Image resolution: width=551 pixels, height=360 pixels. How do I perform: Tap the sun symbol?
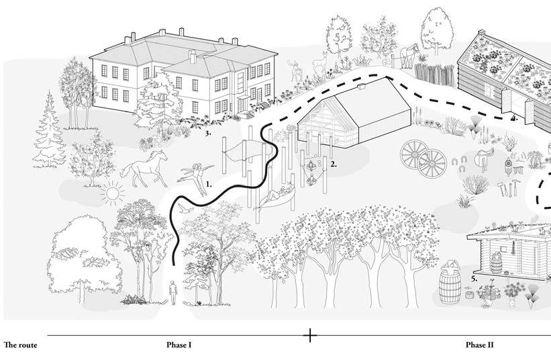click(x=111, y=193)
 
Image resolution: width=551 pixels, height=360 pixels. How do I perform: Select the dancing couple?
click(x=197, y=177)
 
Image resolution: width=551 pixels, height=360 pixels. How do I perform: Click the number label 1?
click(x=209, y=183)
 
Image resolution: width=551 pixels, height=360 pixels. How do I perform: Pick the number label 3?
click(x=209, y=133)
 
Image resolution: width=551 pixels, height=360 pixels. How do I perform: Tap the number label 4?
click(x=513, y=119)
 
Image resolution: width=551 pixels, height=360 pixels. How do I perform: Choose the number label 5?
click(x=474, y=277)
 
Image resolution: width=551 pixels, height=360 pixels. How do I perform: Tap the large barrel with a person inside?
click(x=450, y=283)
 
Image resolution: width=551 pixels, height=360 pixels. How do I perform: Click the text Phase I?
click(x=179, y=345)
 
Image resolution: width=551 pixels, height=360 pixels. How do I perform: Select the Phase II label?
click(x=480, y=345)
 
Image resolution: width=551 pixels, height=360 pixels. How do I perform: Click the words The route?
click(x=20, y=345)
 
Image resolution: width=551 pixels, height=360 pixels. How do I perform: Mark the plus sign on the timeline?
click(x=310, y=334)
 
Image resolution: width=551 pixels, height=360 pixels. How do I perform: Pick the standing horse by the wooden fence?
click(x=407, y=54)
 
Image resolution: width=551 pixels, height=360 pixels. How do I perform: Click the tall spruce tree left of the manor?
click(x=50, y=133)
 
